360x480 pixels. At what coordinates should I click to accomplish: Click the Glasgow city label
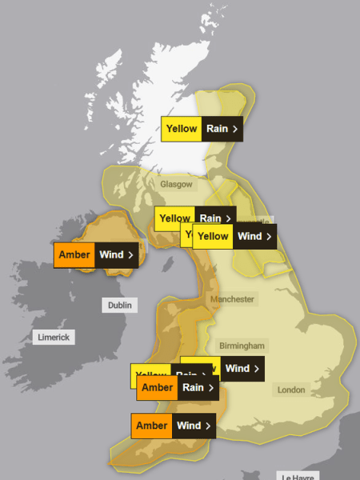click(x=176, y=184)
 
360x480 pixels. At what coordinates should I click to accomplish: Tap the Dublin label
click(x=119, y=305)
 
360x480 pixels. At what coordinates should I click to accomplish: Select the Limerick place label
click(x=54, y=337)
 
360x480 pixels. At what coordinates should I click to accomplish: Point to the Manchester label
click(x=232, y=299)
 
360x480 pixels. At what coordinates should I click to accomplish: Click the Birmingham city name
click(x=241, y=346)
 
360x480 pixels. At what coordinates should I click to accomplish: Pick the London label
click(x=290, y=390)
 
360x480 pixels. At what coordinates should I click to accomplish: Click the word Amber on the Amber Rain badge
click(x=157, y=388)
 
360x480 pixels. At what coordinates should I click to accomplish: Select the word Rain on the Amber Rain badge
click(x=193, y=388)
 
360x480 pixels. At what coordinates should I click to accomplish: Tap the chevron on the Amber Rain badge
click(x=210, y=388)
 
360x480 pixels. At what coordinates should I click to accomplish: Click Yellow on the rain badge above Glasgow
click(x=181, y=129)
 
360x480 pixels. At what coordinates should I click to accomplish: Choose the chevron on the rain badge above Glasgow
click(x=234, y=129)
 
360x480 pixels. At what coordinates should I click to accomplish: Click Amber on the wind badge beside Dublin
click(x=74, y=255)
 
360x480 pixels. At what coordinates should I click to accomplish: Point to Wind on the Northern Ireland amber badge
click(x=110, y=255)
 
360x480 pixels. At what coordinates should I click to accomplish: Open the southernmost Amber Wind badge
click(x=173, y=426)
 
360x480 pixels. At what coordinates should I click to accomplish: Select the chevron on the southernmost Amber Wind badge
click(x=208, y=426)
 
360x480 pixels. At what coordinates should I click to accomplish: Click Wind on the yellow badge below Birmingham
click(x=238, y=369)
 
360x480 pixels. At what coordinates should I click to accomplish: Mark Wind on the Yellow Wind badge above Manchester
click(x=250, y=236)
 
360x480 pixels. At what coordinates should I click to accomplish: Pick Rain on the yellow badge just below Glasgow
click(x=210, y=218)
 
